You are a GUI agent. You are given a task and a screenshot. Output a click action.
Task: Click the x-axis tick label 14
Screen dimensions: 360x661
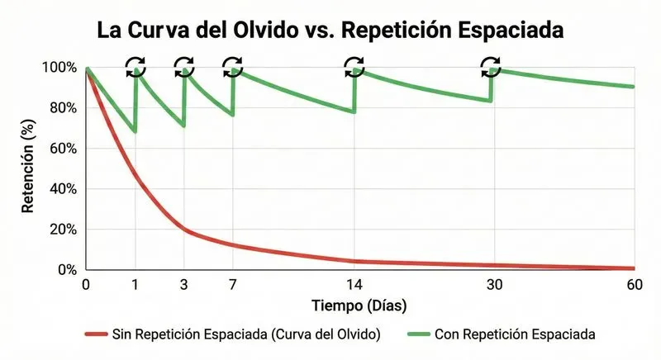[353, 285]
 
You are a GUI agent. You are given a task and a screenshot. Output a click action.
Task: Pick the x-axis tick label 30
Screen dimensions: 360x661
[493, 285]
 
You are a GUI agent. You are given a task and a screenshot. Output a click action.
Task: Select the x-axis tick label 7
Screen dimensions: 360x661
[233, 285]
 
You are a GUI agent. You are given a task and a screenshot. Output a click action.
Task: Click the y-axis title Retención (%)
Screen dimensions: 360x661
[28, 168]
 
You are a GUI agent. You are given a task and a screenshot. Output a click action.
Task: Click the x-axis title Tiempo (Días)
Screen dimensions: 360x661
[359, 306]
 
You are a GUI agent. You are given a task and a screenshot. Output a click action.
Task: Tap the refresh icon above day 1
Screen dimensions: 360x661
[136, 66]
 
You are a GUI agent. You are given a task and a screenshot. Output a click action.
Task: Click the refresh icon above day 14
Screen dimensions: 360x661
[354, 65]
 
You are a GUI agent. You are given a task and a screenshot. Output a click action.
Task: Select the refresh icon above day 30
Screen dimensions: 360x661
[491, 65]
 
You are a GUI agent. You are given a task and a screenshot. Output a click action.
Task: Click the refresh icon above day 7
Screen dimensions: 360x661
[233, 65]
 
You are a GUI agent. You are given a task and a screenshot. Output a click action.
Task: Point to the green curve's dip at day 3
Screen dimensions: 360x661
[183, 126]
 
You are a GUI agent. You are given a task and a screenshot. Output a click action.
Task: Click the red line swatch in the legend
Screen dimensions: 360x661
[104, 334]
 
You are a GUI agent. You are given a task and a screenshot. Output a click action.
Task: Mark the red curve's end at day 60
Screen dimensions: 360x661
[632, 268]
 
